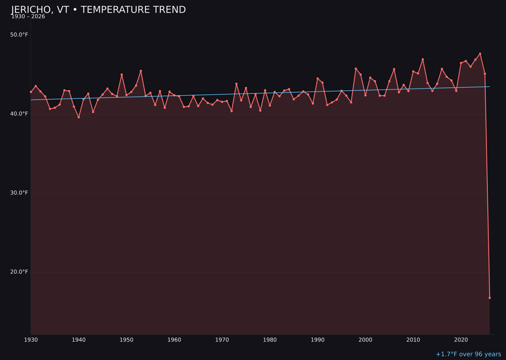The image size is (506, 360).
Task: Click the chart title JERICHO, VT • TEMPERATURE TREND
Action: [98, 10]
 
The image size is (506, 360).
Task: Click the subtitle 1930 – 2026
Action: [28, 17]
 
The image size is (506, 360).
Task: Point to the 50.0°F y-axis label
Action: [19, 35]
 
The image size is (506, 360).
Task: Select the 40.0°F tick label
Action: [19, 114]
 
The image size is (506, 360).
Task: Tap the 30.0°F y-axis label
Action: [19, 193]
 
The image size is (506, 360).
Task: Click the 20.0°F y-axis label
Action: [19, 272]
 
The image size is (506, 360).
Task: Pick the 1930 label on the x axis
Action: [31, 340]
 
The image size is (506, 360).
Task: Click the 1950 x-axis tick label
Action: [126, 340]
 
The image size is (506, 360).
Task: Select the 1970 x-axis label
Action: [222, 340]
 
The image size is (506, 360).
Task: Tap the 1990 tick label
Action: [318, 340]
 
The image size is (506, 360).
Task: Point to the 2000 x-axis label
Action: [365, 340]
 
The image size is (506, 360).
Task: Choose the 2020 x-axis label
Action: [461, 340]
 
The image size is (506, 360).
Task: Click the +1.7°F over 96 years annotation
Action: [468, 354]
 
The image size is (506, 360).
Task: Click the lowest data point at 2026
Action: [490, 298]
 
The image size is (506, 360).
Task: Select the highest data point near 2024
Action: [480, 53]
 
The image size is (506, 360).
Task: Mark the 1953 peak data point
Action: [141, 71]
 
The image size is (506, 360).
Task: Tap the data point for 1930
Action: [31, 92]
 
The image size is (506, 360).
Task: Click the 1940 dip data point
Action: [79, 117]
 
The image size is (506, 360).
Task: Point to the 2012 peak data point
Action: [423, 60]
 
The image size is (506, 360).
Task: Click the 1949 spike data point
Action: [122, 75]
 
